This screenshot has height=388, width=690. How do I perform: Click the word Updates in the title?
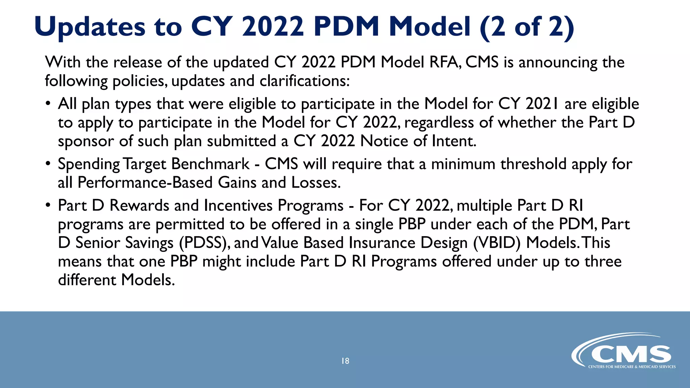90,27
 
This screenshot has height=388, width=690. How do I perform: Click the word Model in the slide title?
430,27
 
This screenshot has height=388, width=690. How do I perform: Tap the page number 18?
345,361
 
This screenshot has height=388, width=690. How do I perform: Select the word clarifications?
304,81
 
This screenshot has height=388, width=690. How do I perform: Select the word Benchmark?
210,164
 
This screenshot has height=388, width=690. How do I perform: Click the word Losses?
316,183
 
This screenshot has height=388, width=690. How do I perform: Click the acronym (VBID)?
497,243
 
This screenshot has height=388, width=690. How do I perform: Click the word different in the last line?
87,280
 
